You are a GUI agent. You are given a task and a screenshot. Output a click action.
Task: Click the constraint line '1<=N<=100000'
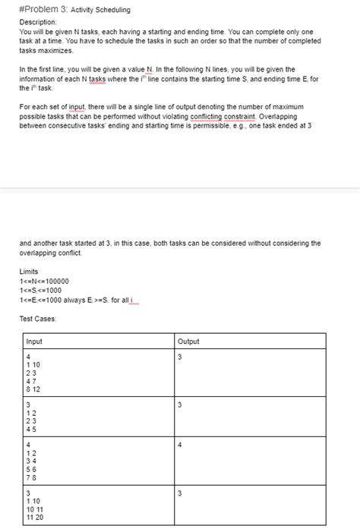pyautogui.click(x=46, y=282)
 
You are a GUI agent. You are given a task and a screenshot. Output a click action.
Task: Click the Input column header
pyautogui.click(x=34, y=342)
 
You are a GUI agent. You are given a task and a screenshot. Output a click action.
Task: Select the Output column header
pyautogui.click(x=188, y=342)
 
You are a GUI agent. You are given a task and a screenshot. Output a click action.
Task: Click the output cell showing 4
pyautogui.click(x=180, y=445)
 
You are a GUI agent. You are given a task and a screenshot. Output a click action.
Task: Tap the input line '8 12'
pyautogui.click(x=33, y=389)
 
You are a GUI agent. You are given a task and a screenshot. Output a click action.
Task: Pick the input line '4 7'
pyautogui.click(x=30, y=381)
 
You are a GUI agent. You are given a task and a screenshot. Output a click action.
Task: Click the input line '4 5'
pyautogui.click(x=30, y=427)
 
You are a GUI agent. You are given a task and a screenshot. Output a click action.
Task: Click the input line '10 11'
pyautogui.click(x=33, y=508)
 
